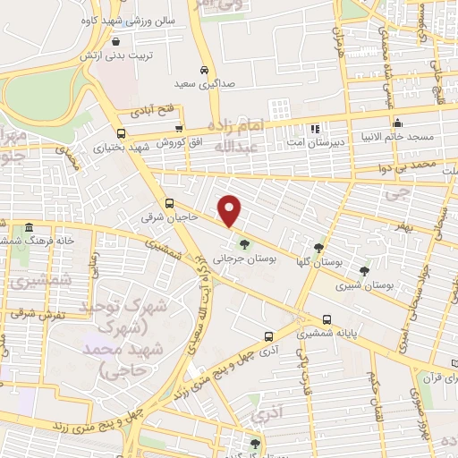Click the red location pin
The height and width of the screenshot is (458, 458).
(230, 209)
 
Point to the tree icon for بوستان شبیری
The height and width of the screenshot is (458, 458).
(363, 270)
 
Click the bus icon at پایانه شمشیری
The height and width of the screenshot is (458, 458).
(327, 318)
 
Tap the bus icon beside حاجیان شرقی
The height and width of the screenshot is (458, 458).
(170, 203)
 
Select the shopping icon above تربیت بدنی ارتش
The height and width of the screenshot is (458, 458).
(115, 41)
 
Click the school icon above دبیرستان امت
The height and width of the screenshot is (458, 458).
(313, 129)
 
